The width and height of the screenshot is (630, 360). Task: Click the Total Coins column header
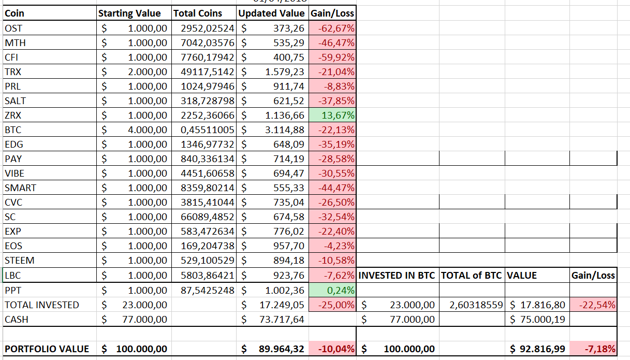[197, 13]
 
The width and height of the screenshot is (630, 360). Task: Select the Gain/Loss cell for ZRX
[332, 115]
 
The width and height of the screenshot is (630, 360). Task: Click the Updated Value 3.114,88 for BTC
[285, 129]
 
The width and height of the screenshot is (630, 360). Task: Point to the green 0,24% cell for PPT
[332, 290]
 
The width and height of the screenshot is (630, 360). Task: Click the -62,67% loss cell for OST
[332, 28]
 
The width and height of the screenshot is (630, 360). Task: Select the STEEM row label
[19, 260]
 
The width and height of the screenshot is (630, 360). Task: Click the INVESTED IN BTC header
[397, 276]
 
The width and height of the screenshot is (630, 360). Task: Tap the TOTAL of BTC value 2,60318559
[476, 305]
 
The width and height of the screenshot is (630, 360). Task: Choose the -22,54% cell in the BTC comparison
[593, 305]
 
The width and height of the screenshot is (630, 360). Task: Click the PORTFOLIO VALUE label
[47, 349]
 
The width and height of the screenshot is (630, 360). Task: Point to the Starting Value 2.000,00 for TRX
[148, 71]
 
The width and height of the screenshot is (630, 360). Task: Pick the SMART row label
[20, 188]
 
